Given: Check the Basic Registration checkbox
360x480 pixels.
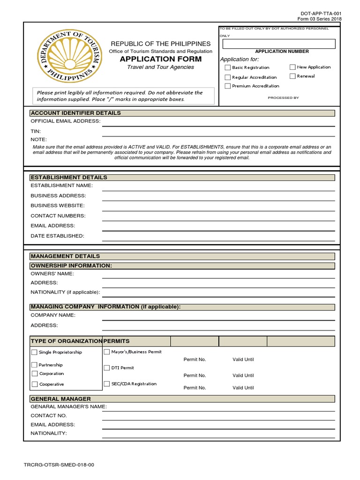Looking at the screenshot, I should [228, 67].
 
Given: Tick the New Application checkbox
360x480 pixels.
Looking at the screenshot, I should [292, 67].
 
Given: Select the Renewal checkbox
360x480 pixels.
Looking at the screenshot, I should [292, 76].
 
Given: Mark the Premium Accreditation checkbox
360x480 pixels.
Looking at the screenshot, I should [228, 86].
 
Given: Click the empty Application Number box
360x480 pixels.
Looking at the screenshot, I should [279, 44].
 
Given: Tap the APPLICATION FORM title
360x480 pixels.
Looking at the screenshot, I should [161, 59].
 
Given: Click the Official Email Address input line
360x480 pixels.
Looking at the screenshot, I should [218, 122].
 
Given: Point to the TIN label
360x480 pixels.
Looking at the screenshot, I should [36, 131].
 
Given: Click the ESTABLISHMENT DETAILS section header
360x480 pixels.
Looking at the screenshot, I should [69, 177].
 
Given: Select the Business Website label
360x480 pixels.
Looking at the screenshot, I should [58, 206].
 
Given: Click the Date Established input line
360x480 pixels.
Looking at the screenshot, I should [218, 236].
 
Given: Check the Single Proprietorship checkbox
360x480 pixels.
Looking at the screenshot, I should [34, 352].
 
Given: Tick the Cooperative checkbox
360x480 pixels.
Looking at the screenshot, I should [35, 384].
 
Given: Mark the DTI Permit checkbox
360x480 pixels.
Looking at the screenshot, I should [107, 368].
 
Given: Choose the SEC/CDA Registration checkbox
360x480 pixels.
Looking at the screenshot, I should [107, 384].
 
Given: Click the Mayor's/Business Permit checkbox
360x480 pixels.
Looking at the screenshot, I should [107, 352].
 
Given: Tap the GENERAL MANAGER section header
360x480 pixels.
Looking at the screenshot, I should [61, 399].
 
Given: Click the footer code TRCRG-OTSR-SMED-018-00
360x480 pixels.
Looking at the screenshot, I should [59, 465].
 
